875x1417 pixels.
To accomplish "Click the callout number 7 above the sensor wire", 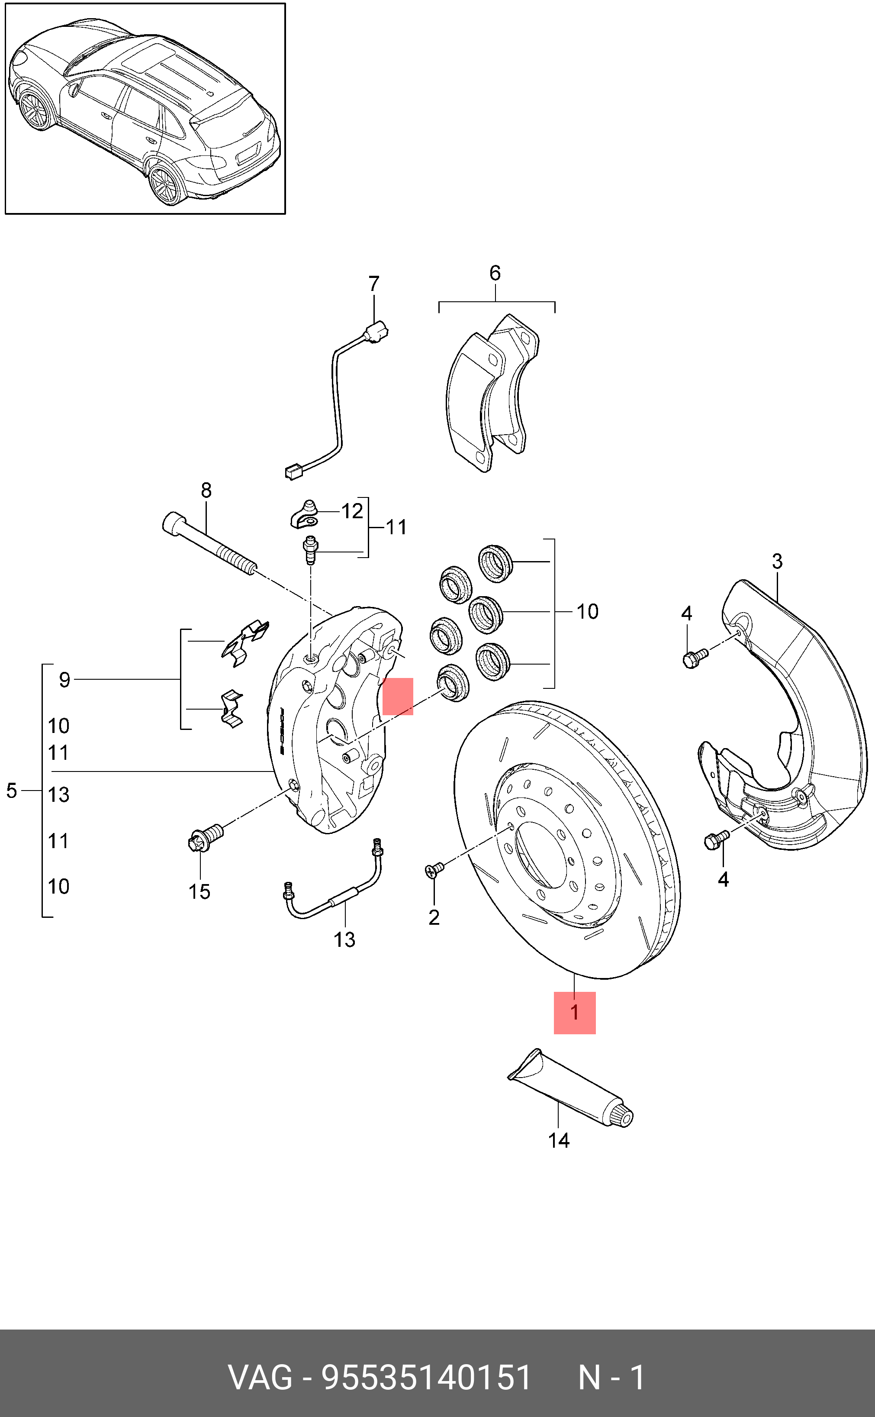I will tap(374, 284).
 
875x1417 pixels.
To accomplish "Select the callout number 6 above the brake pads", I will tap(495, 273).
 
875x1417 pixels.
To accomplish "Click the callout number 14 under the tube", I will tap(558, 1140).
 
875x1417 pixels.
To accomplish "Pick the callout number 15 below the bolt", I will tap(199, 891).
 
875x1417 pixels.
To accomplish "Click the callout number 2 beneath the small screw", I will tap(434, 917).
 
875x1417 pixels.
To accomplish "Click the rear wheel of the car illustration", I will tap(165, 185).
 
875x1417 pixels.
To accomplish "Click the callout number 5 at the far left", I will tap(12, 790).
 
